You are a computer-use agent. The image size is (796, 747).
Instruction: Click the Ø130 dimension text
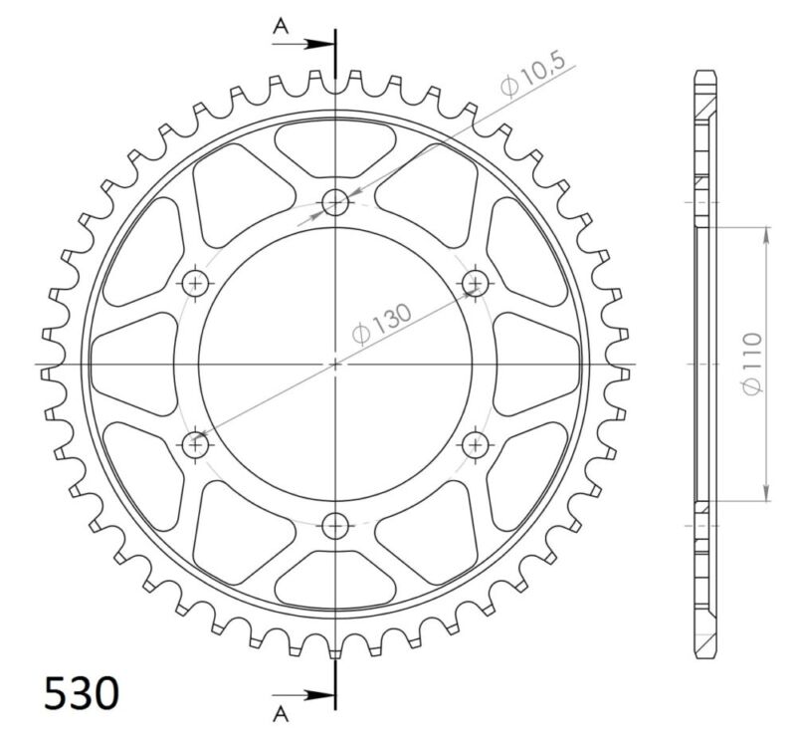[x=383, y=321]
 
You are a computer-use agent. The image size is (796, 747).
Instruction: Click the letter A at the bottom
[x=282, y=711]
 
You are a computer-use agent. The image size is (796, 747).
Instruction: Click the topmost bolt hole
[x=336, y=204]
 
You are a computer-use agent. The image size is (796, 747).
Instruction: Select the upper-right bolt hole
[x=476, y=284]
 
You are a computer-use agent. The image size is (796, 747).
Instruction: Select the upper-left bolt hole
[x=196, y=284]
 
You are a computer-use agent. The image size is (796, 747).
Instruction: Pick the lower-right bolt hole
[x=476, y=444]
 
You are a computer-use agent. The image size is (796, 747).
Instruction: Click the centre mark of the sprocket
[x=336, y=365]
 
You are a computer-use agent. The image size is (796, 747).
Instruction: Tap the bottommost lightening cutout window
[x=336, y=584]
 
